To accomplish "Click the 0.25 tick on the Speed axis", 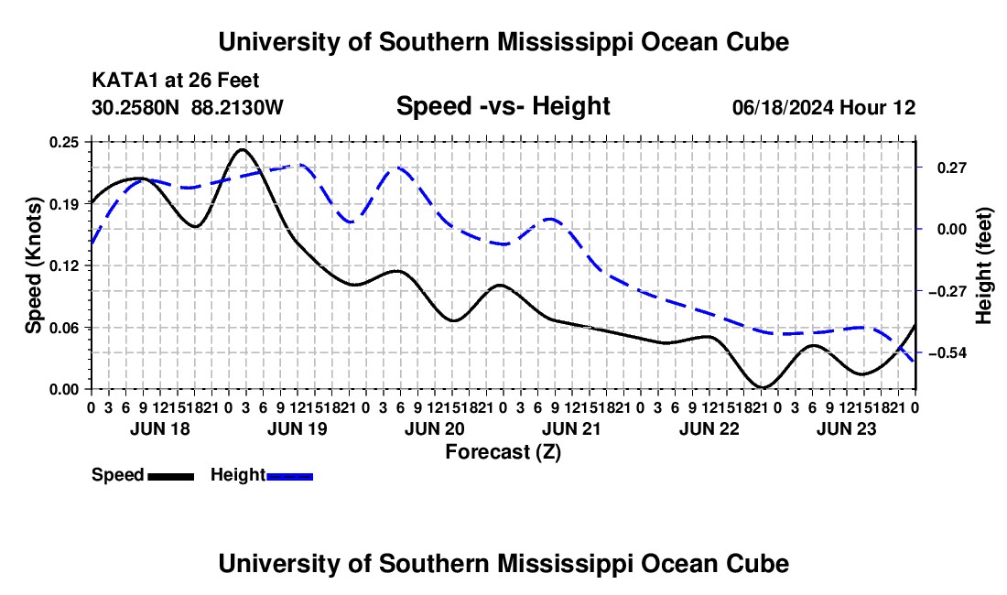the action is click(x=63, y=142).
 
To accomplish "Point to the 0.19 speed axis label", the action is click(x=63, y=204).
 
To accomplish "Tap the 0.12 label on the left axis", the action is click(x=63, y=265).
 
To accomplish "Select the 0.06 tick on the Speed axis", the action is click(x=63, y=328).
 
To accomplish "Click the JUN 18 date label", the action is click(x=160, y=428).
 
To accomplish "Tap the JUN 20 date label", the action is click(x=435, y=428).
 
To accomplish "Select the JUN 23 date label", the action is click(x=847, y=428).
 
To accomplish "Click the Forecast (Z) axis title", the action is click(x=503, y=452).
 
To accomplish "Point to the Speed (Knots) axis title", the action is click(x=33, y=265).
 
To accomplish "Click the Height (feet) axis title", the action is click(x=983, y=265).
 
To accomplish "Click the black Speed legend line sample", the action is click(x=171, y=476).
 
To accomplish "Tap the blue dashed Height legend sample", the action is click(x=289, y=476).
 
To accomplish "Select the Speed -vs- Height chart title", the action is click(x=503, y=106).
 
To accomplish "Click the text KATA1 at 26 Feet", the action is click(x=176, y=81).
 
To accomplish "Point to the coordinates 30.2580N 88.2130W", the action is click(x=187, y=107).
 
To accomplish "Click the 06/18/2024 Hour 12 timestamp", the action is click(x=824, y=107).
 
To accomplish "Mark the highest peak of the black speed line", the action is click(x=242, y=149).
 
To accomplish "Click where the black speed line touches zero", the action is click(x=763, y=387).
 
